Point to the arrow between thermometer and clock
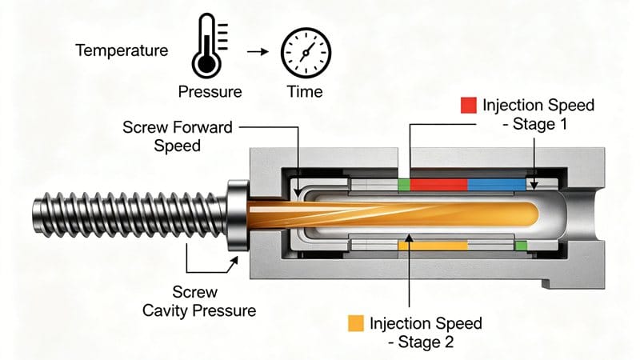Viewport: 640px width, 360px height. click(256, 52)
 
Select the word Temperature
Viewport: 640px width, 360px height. click(122, 50)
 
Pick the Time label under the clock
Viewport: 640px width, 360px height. click(305, 91)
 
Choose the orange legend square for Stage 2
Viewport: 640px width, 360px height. click(355, 323)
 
